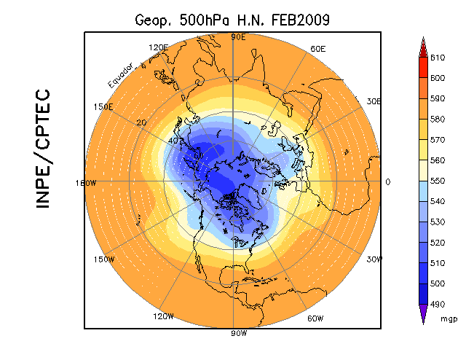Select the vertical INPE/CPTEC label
pyautogui.click(x=43, y=149)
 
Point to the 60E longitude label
pyautogui.click(x=317, y=49)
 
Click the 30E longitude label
pyautogui.click(x=374, y=101)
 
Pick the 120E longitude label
pyautogui.click(x=158, y=48)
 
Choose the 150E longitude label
pyautogui.click(x=104, y=106)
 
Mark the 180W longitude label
pyautogui.click(x=86, y=183)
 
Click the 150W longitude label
pyautogui.click(x=105, y=259)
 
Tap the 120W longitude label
pyautogui.click(x=162, y=316)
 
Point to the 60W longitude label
pyautogui.click(x=315, y=318)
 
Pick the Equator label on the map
pyautogui.click(x=119, y=76)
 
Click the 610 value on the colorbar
pyautogui.click(x=437, y=57)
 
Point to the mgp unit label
pyautogui.click(x=449, y=318)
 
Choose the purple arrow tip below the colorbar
pyautogui.click(x=422, y=313)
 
